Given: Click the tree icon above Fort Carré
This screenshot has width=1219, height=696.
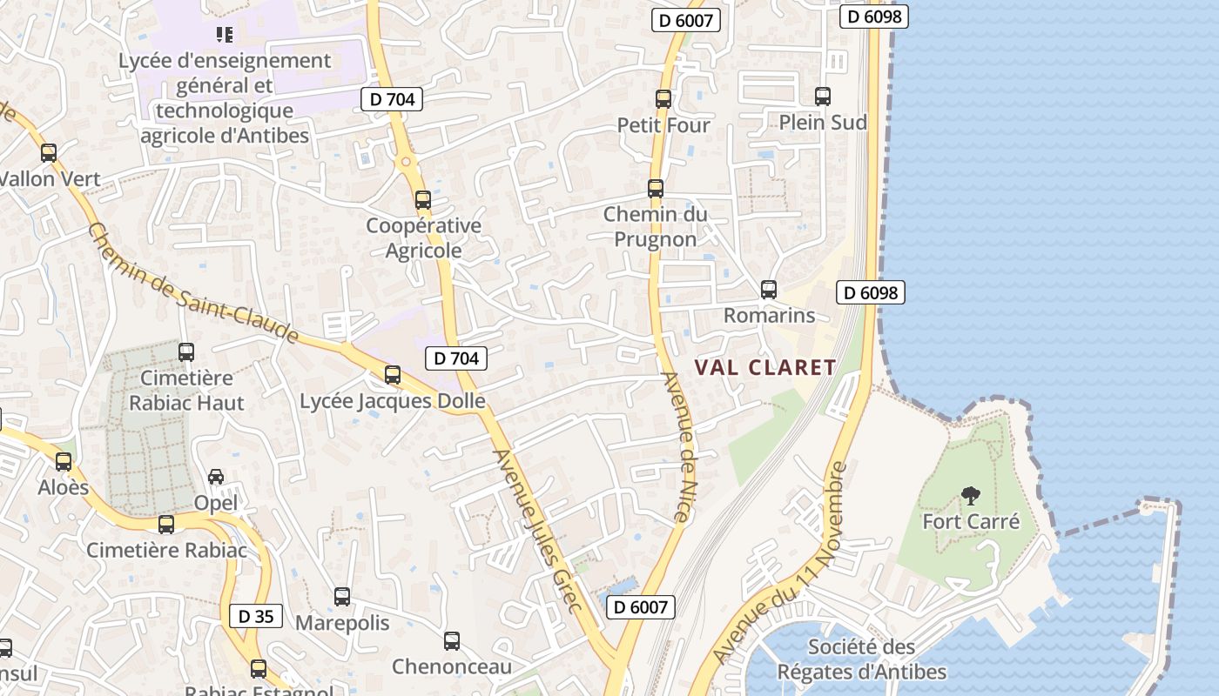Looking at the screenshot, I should (970, 496).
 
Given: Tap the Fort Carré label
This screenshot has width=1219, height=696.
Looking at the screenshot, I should (971, 522).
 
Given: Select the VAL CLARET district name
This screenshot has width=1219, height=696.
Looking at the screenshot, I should (765, 367).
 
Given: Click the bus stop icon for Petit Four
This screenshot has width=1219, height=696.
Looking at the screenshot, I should (663, 99).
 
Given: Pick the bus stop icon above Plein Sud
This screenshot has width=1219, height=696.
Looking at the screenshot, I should (822, 97).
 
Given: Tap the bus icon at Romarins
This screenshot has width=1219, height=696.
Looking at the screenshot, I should (768, 290).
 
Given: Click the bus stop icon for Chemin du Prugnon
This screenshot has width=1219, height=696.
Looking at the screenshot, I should (655, 189).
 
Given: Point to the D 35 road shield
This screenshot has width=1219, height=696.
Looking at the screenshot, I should (256, 616).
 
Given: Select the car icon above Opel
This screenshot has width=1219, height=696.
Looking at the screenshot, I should (216, 477).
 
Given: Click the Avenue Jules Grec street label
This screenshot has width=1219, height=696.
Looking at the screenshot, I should (536, 531).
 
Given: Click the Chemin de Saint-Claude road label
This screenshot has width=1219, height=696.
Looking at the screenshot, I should (193, 284).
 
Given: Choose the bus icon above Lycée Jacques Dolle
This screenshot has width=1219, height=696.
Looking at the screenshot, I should (393, 375).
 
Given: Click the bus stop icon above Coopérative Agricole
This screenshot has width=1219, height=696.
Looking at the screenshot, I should (423, 200).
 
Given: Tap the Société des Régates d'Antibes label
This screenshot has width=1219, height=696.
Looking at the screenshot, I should (861, 659).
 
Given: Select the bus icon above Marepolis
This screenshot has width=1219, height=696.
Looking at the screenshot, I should (342, 597).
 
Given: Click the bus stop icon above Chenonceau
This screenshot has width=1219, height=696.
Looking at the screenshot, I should (451, 641).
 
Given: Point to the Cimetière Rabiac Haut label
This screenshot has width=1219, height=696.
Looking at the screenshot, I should (186, 391).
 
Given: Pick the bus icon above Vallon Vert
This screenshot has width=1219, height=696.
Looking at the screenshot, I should (49, 153).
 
